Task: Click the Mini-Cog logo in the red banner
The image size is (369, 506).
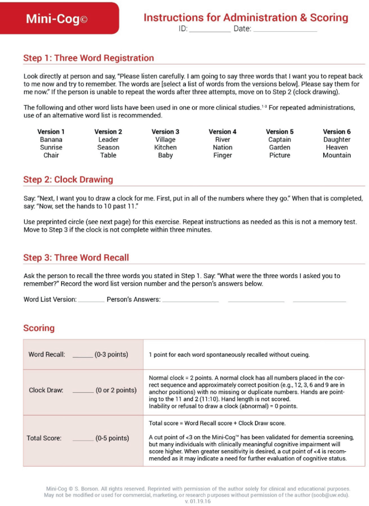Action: pyautogui.click(x=57, y=19)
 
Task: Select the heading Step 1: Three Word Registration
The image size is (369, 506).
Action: pyautogui.click(x=88, y=58)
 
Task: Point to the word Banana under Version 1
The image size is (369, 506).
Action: pyautogui.click(x=51, y=140)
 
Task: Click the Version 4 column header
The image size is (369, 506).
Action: pyautogui.click(x=222, y=131)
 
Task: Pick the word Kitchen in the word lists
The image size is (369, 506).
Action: pyautogui.click(x=165, y=147)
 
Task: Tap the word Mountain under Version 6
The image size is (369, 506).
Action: pyautogui.click(x=337, y=155)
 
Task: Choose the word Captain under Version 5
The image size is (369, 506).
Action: pyautogui.click(x=280, y=140)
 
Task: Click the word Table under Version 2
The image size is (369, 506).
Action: pyautogui.click(x=108, y=155)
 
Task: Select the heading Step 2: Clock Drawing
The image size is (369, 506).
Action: pyautogui.click(x=68, y=179)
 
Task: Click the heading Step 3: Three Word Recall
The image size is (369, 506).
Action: pyautogui.click(x=76, y=258)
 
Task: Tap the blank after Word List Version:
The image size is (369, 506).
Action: pyautogui.click(x=91, y=301)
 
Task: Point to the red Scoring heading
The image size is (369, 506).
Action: pyautogui.click(x=39, y=328)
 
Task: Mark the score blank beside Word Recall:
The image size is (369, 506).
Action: pyautogui.click(x=82, y=356)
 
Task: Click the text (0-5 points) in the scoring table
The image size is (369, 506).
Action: pyautogui.click(x=112, y=439)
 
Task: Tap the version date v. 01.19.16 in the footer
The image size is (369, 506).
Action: pyautogui.click(x=198, y=501)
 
